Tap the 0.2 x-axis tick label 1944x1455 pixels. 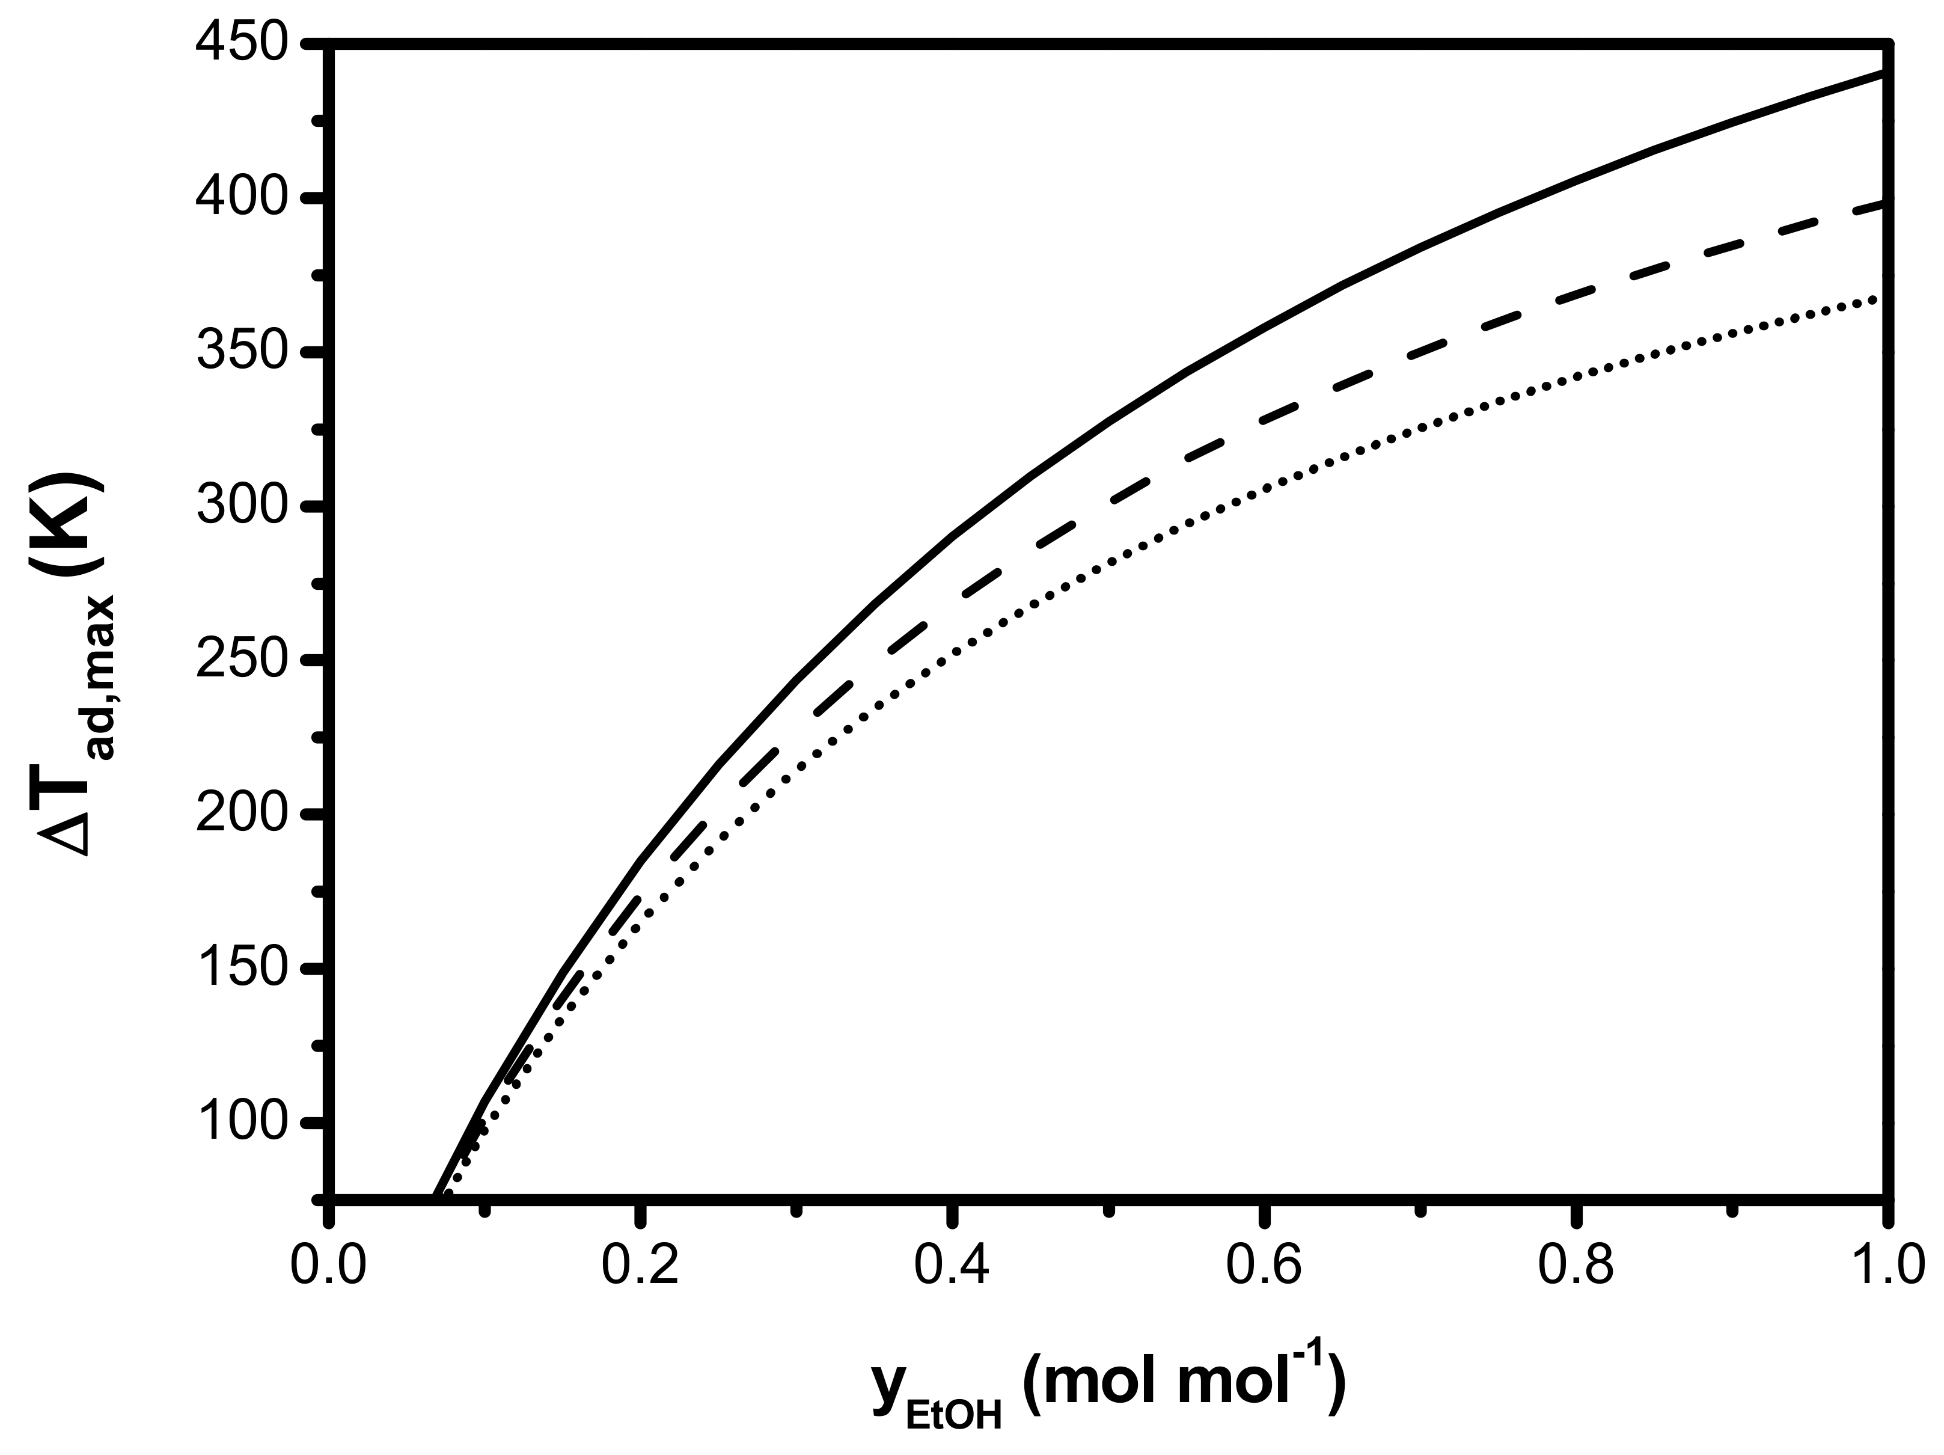(641, 1267)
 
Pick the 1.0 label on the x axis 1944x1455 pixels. (1886, 1267)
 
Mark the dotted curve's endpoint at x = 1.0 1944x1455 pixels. (1881, 299)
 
